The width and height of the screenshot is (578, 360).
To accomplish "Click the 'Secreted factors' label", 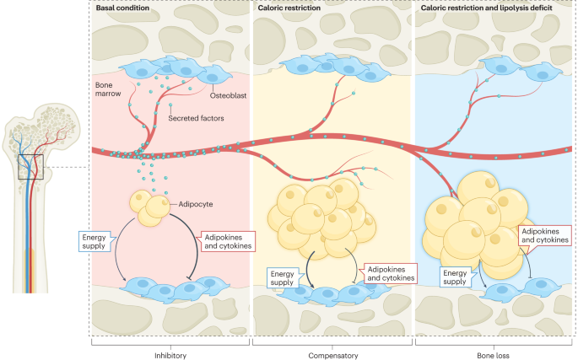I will point(195,118).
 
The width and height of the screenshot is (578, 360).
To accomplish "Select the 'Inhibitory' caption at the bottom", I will point(170,355).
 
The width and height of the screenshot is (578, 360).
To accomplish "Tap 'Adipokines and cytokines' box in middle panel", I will point(390,273).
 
